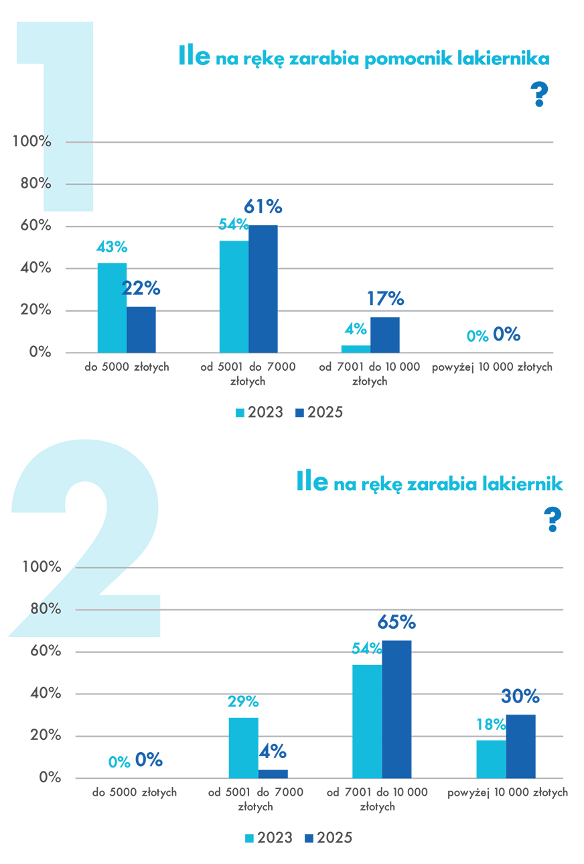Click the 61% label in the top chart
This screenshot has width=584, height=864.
click(x=263, y=206)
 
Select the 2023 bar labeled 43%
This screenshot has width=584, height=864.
click(x=112, y=308)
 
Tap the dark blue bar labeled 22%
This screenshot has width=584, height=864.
click(x=141, y=330)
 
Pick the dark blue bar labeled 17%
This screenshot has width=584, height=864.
click(x=385, y=335)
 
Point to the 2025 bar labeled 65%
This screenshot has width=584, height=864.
click(x=396, y=709)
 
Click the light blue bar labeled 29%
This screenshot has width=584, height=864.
click(x=243, y=747)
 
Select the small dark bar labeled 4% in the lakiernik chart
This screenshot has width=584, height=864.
click(x=273, y=774)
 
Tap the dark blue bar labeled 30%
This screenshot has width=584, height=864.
click(x=520, y=746)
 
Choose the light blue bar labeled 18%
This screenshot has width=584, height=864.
click(x=491, y=759)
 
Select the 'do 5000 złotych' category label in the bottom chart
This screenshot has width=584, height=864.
click(x=135, y=792)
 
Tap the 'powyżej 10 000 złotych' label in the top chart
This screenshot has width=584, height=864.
click(x=492, y=367)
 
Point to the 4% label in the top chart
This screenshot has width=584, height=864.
click(x=356, y=328)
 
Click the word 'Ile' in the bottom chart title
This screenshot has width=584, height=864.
click(x=312, y=481)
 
